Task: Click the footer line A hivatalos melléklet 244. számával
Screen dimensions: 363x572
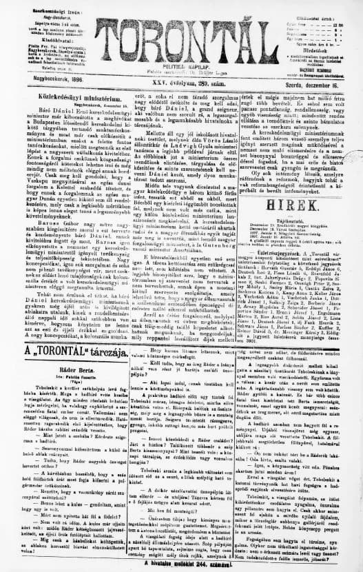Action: [x=181, y=562]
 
